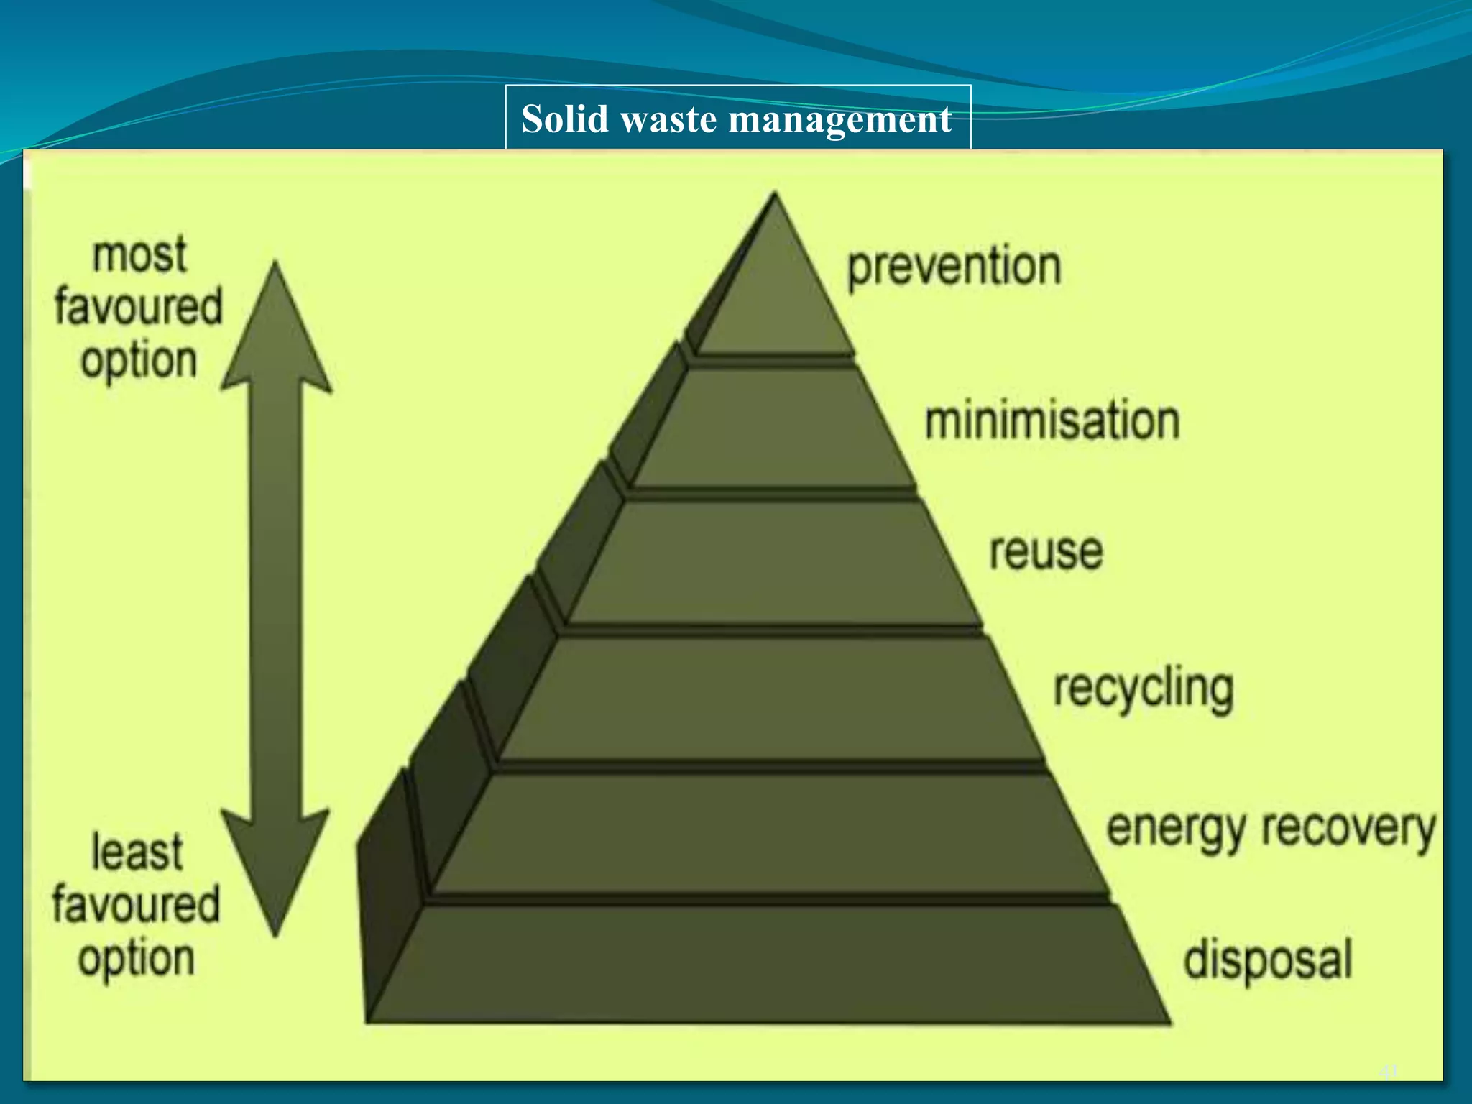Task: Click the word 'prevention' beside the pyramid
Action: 954,267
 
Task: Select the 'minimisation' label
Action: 1052,421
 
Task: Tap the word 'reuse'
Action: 1046,552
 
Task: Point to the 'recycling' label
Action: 1144,689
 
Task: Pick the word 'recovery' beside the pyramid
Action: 1349,830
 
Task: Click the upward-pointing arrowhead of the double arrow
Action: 277,331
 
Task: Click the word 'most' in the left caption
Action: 139,255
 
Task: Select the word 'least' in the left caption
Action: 137,853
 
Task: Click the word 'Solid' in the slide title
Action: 565,119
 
